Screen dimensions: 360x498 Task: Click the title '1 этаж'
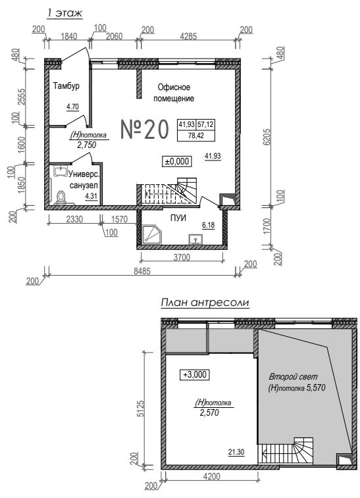(64, 13)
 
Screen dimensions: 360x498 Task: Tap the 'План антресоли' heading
(205, 303)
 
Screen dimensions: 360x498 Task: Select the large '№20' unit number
(145, 130)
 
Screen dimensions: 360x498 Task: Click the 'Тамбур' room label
(66, 86)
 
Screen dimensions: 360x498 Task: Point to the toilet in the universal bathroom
(61, 197)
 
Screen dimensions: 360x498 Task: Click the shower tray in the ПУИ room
(151, 235)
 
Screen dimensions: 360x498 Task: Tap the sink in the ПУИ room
(195, 239)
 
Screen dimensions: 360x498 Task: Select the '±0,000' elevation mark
(176, 161)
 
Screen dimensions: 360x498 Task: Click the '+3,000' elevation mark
(195, 374)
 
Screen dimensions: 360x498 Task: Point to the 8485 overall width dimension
(141, 271)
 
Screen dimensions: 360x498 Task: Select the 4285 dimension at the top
(188, 36)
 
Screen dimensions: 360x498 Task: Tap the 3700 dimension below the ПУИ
(181, 257)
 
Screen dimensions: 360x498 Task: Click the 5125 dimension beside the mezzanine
(141, 410)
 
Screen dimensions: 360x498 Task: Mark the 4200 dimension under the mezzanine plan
(213, 476)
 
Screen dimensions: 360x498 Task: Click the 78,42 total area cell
(195, 136)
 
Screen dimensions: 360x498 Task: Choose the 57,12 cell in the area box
(205, 124)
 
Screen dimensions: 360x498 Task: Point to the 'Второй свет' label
(293, 377)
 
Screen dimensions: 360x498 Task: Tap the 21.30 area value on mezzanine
(236, 452)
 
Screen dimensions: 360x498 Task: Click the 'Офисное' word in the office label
(174, 87)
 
